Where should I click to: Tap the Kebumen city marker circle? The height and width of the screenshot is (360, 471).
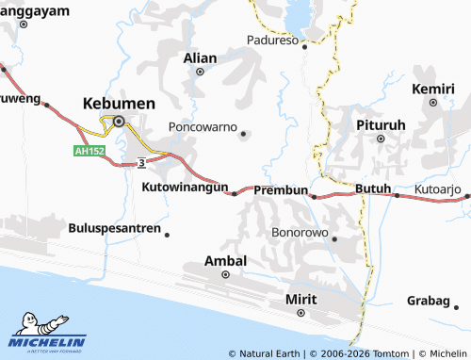point(119,121)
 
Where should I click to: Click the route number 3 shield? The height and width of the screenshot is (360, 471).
point(140,163)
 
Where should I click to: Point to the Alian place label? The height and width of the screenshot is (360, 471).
point(200,57)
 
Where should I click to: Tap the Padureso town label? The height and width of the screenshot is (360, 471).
point(272,41)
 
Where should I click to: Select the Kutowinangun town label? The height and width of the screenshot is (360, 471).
point(185,188)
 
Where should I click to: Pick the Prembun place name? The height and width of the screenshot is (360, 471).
point(282,190)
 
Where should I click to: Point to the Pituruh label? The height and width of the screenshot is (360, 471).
point(381,124)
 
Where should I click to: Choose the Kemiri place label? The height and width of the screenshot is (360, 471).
point(434,89)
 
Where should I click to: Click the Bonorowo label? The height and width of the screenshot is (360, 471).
point(299,231)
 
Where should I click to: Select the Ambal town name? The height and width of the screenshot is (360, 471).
point(226,260)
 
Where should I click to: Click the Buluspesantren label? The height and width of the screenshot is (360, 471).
point(114,228)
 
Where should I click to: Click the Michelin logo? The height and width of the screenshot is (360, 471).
point(48,335)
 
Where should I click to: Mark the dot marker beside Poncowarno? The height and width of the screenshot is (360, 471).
point(244,134)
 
